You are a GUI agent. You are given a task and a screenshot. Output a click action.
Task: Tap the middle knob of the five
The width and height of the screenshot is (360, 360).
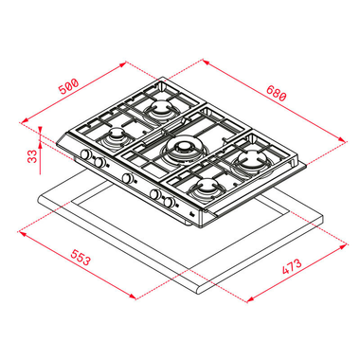click(x=125, y=177)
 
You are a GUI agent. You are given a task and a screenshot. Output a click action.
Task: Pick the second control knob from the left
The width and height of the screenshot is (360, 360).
click(x=97, y=162)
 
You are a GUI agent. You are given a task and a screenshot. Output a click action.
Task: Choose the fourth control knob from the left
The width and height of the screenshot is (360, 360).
click(x=156, y=195)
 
